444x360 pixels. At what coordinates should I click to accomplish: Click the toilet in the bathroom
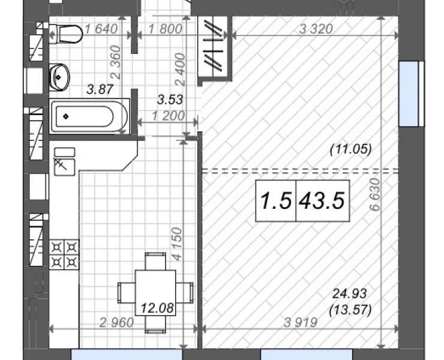[x=65, y=34]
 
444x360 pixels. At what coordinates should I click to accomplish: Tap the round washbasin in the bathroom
[x=59, y=77]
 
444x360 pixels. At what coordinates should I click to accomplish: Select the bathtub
[x=89, y=116]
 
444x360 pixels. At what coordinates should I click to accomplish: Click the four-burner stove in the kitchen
[x=64, y=254]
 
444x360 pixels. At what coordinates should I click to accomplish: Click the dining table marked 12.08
[x=155, y=293]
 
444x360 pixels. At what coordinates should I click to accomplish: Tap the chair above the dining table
[x=155, y=261]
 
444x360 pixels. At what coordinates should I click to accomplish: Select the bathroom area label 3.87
[x=100, y=89]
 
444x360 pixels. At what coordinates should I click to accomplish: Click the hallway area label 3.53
[x=170, y=100]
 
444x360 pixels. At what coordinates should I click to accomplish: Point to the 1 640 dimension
[x=101, y=29]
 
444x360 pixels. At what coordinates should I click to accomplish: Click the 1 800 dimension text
[x=165, y=29]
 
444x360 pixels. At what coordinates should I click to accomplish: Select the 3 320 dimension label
[x=316, y=29]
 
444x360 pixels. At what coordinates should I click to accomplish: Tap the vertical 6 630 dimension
[x=375, y=194]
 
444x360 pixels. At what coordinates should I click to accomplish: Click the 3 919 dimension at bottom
[x=301, y=322]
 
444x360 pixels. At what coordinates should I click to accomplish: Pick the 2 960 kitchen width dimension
[x=116, y=323]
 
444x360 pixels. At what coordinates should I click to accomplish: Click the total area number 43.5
[x=322, y=200]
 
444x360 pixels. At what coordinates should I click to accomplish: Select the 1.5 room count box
[x=275, y=200]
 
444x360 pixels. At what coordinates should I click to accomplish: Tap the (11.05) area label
[x=350, y=149]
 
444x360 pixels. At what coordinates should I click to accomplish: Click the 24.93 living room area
[x=350, y=294]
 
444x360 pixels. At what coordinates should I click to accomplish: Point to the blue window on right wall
[x=409, y=94]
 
